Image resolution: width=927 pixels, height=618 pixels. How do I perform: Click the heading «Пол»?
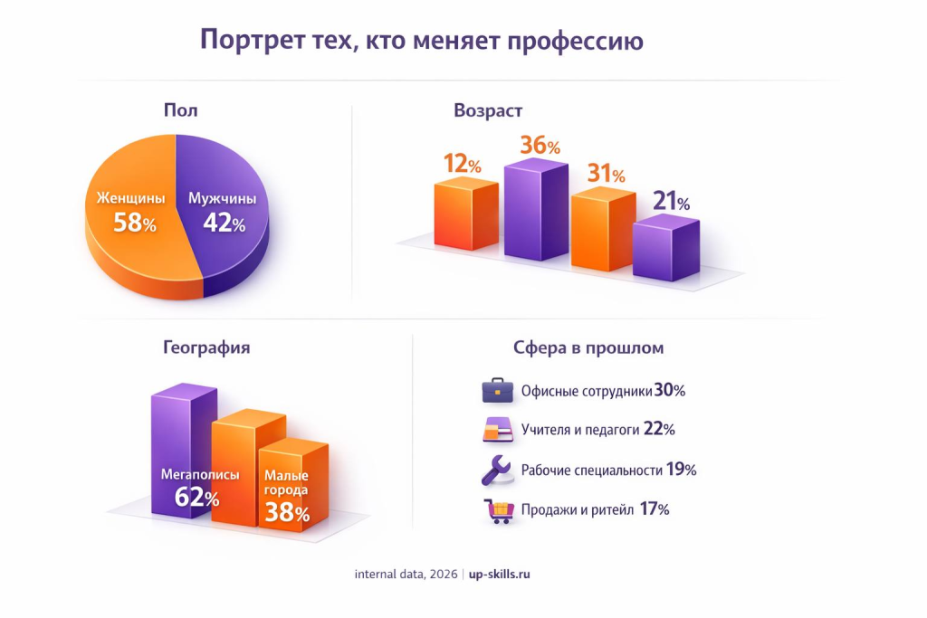[x=180, y=110]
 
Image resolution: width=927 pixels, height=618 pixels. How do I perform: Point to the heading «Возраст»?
[x=488, y=110]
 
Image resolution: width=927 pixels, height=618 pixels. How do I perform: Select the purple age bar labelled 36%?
[x=535, y=214]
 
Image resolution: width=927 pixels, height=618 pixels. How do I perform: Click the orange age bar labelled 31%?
[x=602, y=231]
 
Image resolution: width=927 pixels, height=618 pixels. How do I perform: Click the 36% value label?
[x=540, y=145]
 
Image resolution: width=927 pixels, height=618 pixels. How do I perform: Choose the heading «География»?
[x=206, y=347]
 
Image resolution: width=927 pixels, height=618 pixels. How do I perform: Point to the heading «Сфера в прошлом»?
[x=588, y=347]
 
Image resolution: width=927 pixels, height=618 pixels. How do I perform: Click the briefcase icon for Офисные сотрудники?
[x=498, y=391]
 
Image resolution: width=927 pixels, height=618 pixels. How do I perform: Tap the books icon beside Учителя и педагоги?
[x=498, y=430]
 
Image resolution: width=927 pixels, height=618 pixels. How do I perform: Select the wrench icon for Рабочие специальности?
[x=497, y=471]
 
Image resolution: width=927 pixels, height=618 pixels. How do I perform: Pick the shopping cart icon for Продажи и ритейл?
[x=498, y=510]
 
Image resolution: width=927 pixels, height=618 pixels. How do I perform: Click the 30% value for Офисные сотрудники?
[x=670, y=391]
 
